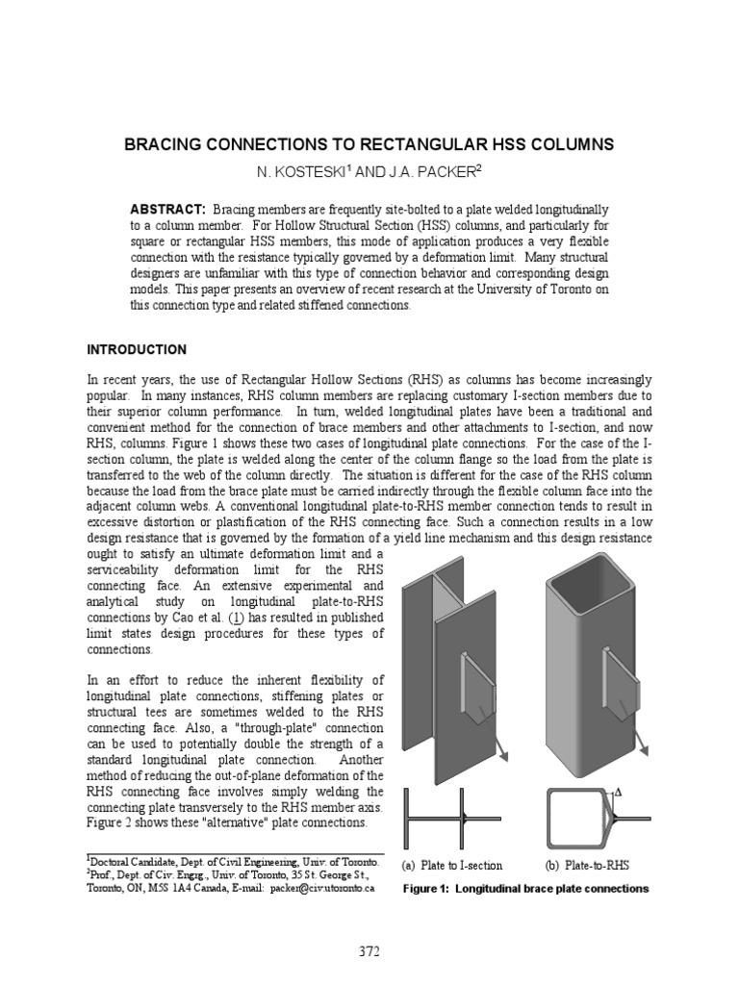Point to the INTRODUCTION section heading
(137, 349)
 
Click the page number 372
(369, 952)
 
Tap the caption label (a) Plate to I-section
(452, 866)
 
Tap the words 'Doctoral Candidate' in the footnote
(134, 862)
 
